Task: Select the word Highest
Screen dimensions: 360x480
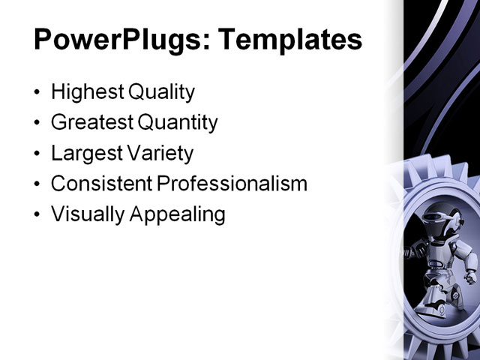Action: point(87,92)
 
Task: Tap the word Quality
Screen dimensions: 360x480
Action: point(162,92)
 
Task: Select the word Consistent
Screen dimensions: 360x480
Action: point(100,184)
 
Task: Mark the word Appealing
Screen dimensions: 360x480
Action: point(177,215)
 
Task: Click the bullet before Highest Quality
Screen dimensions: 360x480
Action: point(38,94)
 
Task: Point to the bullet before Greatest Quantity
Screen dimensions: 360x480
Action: point(38,124)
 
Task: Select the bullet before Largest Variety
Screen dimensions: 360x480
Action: point(38,154)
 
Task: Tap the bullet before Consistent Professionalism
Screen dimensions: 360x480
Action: point(38,185)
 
